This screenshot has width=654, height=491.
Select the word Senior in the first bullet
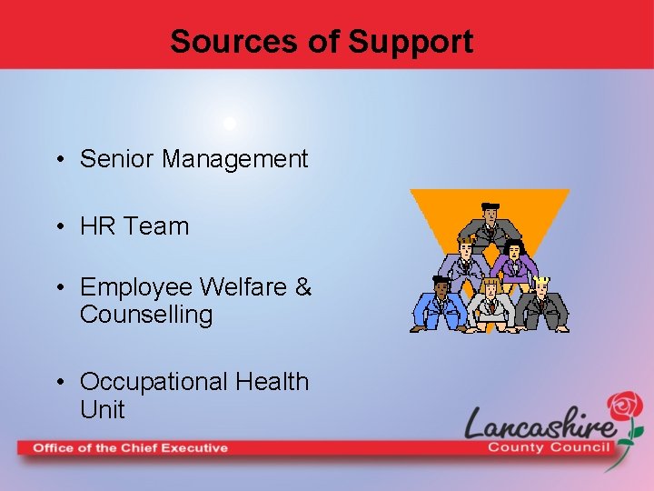point(117,159)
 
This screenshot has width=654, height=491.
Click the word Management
point(235,159)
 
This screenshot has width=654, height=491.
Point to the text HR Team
point(134,226)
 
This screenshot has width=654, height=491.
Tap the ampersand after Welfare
point(303,287)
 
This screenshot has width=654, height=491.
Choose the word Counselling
point(146,316)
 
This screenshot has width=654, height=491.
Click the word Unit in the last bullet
point(102,410)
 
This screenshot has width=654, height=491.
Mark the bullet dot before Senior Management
point(58,161)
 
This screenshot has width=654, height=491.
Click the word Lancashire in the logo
point(540,424)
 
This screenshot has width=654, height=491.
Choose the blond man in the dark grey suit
point(544,303)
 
